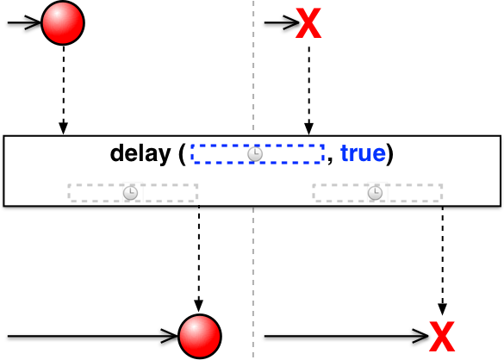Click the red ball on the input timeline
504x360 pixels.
[63, 22]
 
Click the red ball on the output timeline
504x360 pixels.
[200, 336]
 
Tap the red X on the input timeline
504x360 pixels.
[308, 23]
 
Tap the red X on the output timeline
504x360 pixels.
[442, 336]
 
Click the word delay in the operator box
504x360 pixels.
[140, 153]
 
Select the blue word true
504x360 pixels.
[363, 153]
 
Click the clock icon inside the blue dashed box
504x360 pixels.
[255, 154]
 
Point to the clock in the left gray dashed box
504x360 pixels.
[130, 193]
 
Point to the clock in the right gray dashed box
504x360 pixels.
[375, 193]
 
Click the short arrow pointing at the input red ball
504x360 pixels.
[24, 22]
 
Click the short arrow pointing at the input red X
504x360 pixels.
[282, 22]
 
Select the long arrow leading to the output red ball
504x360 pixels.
[92, 336]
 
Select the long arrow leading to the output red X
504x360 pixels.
[346, 336]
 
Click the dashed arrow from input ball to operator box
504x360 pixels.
[63, 90]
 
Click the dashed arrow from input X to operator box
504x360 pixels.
[309, 90]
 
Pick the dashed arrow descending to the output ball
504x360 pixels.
[199, 258]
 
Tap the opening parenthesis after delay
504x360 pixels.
[183, 154]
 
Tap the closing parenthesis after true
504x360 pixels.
[389, 154]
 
